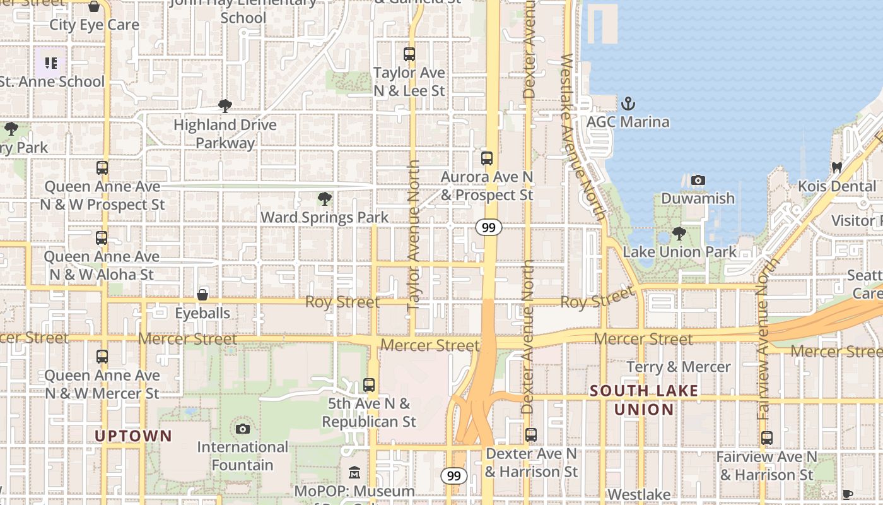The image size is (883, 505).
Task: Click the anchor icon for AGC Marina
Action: point(628,103)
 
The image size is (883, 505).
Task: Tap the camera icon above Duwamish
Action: point(698,181)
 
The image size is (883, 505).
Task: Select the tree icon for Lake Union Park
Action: point(679,234)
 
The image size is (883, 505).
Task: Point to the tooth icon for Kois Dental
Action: point(837,168)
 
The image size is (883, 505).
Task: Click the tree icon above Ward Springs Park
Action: point(325,199)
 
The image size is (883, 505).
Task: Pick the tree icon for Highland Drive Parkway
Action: point(225,106)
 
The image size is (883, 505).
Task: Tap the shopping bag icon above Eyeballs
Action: point(202,295)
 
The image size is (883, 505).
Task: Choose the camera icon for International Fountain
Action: point(242,429)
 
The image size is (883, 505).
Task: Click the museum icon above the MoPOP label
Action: point(354,473)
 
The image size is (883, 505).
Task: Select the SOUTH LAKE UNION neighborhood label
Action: point(644,400)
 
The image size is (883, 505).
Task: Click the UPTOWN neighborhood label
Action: point(133,436)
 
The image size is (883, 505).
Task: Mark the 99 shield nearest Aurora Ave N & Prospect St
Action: point(489,227)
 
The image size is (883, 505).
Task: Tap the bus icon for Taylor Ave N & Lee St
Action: point(409,54)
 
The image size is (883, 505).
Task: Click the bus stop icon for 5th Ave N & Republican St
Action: point(369,384)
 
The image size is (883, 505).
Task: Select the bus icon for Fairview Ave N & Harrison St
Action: point(767,438)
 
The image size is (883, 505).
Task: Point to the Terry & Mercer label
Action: point(679,367)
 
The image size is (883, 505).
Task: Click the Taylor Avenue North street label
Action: point(413,235)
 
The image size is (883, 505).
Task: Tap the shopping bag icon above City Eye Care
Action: point(94,7)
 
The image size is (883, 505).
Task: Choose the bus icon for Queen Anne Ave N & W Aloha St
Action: point(102,238)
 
